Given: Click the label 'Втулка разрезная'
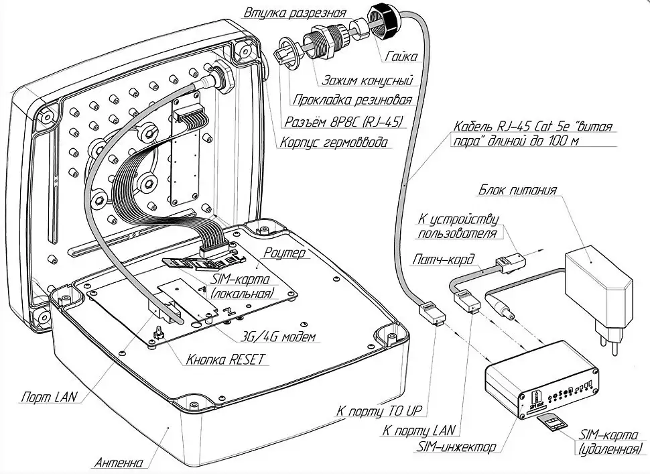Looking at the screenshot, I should coord(296,13).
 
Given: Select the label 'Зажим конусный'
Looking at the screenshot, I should coord(367,80).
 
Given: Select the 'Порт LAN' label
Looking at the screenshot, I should coord(46,396).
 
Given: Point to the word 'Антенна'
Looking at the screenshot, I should coord(119,463).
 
